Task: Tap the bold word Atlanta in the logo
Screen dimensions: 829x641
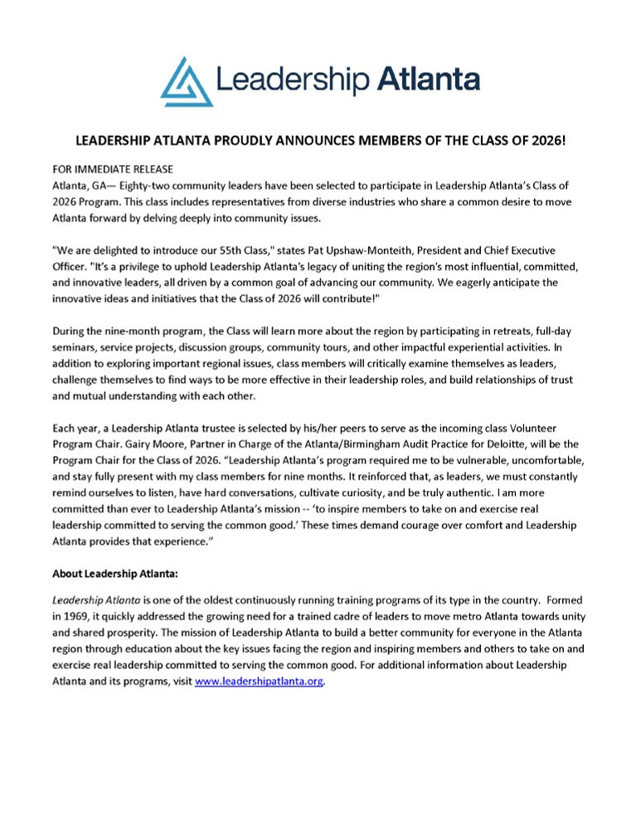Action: tap(429, 80)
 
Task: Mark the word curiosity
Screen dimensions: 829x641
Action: tap(371, 489)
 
